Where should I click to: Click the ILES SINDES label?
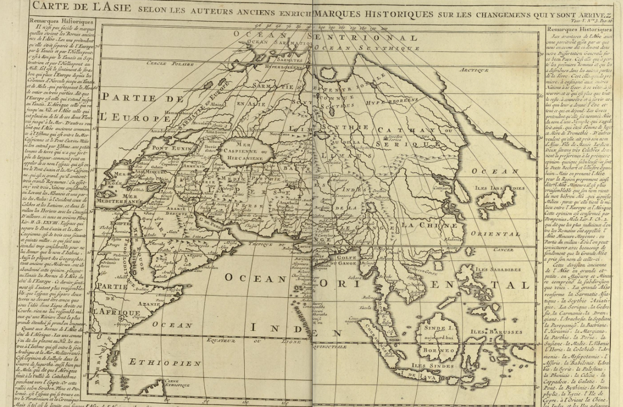(x=426, y=365)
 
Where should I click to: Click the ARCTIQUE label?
(x=474, y=69)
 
